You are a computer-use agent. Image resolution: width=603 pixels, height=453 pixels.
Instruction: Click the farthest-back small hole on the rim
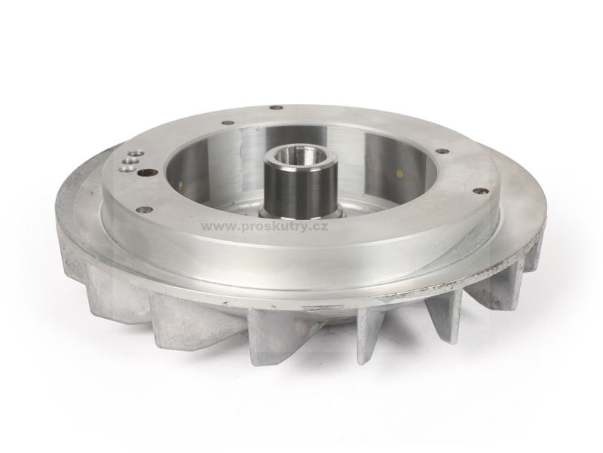[x=274, y=107]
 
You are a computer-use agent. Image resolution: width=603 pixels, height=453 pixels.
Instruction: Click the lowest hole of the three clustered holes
[x=123, y=169]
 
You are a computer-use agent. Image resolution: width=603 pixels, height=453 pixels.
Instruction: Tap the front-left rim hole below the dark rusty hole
[x=145, y=210]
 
